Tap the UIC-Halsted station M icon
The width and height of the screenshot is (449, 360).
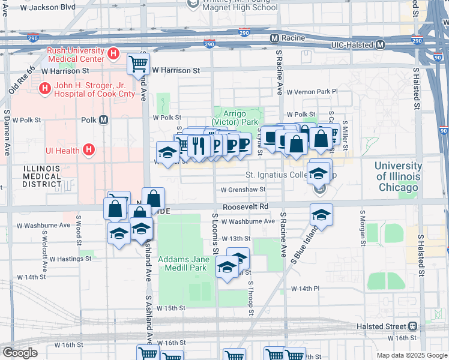pos(381,45)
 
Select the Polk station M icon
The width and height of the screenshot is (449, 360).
pos(104,119)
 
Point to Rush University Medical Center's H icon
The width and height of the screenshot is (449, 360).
pos(113,55)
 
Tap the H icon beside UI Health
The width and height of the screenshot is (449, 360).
pos(89,149)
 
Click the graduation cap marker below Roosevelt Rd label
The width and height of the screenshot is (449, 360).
pos(321,215)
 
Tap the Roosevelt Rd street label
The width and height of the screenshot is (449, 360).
pos(245,206)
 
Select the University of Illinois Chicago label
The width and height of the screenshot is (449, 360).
pos(398,176)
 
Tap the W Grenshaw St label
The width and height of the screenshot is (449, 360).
pos(243,190)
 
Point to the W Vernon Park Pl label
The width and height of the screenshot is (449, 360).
pos(312,92)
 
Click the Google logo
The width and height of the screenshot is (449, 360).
pos(20,353)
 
